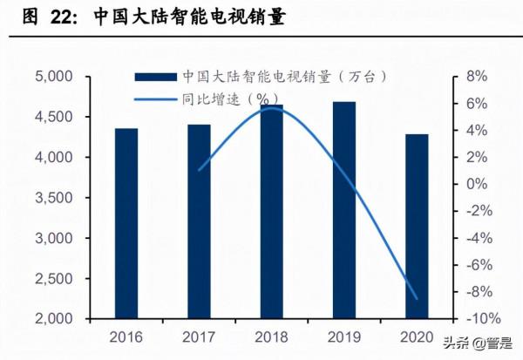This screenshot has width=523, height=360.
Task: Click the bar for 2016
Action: coord(126,223)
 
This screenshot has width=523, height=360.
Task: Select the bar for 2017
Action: coord(199,221)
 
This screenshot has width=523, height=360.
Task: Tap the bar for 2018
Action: coord(271,211)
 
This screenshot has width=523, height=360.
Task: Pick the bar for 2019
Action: coord(344,209)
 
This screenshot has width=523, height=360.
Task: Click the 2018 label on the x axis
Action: coord(271,336)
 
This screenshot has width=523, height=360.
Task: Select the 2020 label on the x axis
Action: coord(417,336)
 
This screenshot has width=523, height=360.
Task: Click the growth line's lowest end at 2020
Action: coord(417,299)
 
